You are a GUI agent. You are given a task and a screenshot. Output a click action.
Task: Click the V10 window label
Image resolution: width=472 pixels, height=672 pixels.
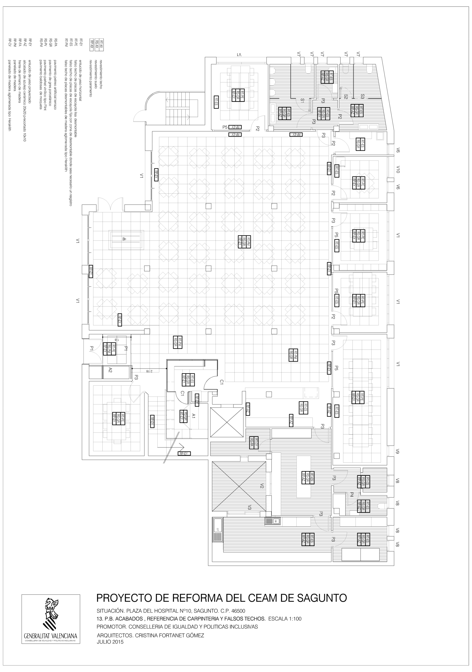398,170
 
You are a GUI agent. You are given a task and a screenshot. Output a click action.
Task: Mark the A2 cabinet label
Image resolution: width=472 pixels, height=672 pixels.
110,370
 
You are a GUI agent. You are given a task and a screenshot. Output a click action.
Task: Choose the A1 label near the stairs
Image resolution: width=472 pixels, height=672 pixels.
193,416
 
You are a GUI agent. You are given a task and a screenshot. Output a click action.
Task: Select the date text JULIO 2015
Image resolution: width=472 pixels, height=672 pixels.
110,642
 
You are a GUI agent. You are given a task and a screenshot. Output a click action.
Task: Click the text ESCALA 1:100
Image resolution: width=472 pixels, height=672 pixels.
285,619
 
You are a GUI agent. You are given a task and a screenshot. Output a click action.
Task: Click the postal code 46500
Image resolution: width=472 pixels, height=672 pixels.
238,611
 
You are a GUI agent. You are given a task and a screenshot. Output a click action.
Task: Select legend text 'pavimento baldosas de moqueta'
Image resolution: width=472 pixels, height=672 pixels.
41,85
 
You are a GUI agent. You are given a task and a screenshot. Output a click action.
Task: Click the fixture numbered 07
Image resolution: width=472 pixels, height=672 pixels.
218,529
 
